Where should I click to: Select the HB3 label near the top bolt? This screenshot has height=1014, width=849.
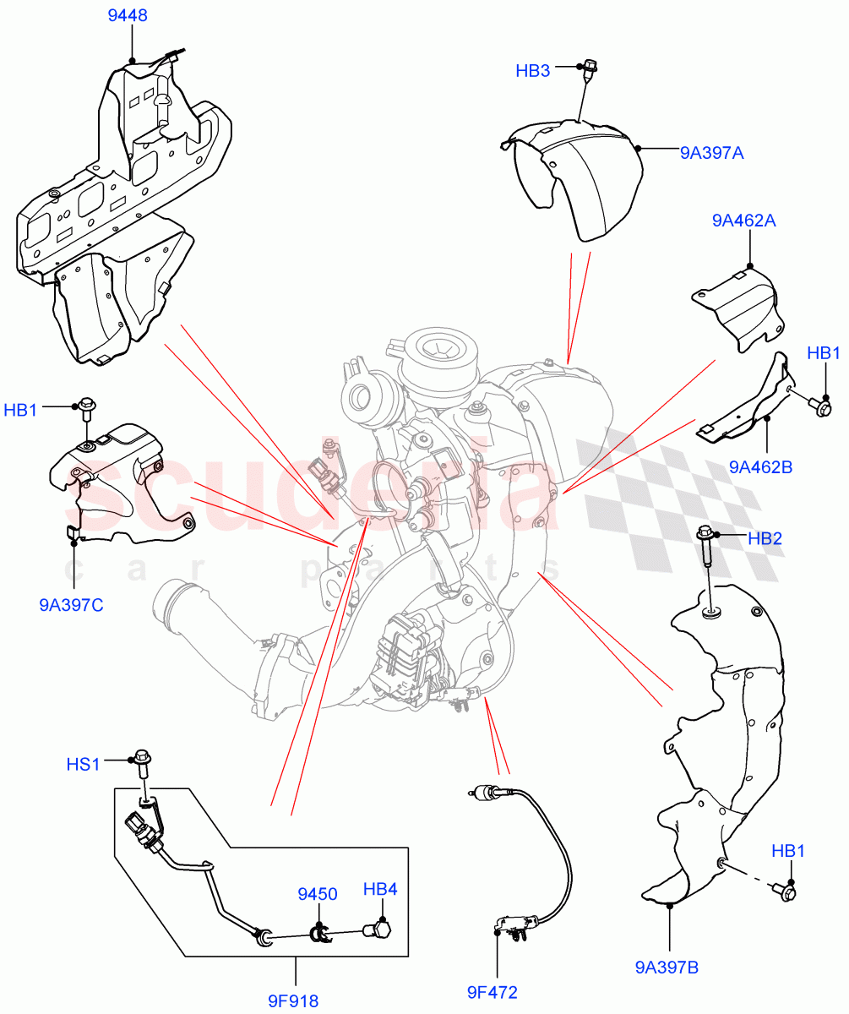(x=533, y=71)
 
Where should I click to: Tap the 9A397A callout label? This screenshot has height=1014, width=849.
(x=711, y=153)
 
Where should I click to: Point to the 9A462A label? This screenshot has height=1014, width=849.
(x=743, y=221)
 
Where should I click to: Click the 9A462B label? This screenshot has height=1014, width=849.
(x=758, y=466)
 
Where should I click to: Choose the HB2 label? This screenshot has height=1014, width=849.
(x=765, y=538)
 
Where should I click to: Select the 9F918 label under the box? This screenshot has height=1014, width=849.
(x=293, y=1001)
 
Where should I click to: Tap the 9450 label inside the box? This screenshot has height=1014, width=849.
(x=317, y=894)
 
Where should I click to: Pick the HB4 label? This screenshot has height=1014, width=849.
(x=380, y=890)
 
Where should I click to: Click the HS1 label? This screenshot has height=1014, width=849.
(x=84, y=765)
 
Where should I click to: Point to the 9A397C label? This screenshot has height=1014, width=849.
(x=71, y=605)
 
